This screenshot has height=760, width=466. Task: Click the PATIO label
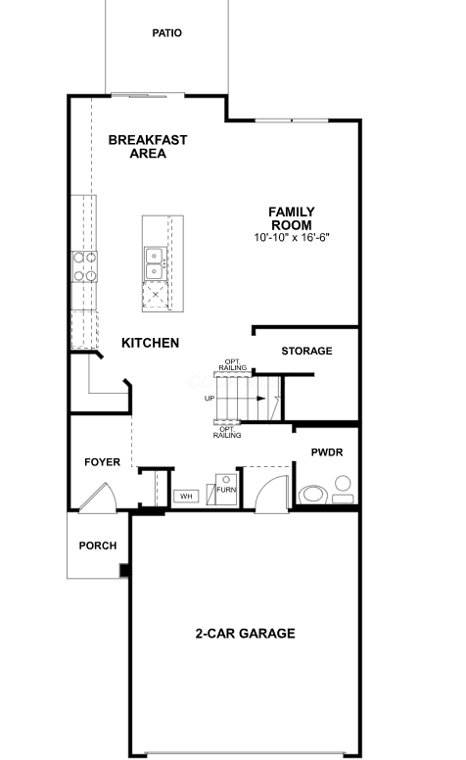coord(167,33)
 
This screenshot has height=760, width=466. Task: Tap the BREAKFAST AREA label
coord(148,146)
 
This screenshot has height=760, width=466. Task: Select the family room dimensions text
coord(292,237)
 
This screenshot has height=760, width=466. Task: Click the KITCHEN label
coord(150,343)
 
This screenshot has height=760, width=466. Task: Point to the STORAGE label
coord(306,351)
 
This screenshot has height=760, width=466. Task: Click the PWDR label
coord(327,452)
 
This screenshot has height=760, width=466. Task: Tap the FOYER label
coord(102,462)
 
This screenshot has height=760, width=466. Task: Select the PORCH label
coord(98,546)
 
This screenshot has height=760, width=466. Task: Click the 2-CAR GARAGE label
coord(245,634)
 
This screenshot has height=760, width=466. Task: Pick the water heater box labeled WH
coord(186,497)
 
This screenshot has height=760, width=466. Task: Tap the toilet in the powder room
coord(313,495)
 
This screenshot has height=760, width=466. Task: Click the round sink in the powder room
coord(343,483)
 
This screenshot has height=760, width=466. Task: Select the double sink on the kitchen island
coord(156,263)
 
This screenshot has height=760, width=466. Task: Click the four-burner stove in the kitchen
coord(84,266)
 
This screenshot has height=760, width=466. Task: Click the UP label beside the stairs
coord(210,399)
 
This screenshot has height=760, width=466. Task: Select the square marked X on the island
coord(156,294)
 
